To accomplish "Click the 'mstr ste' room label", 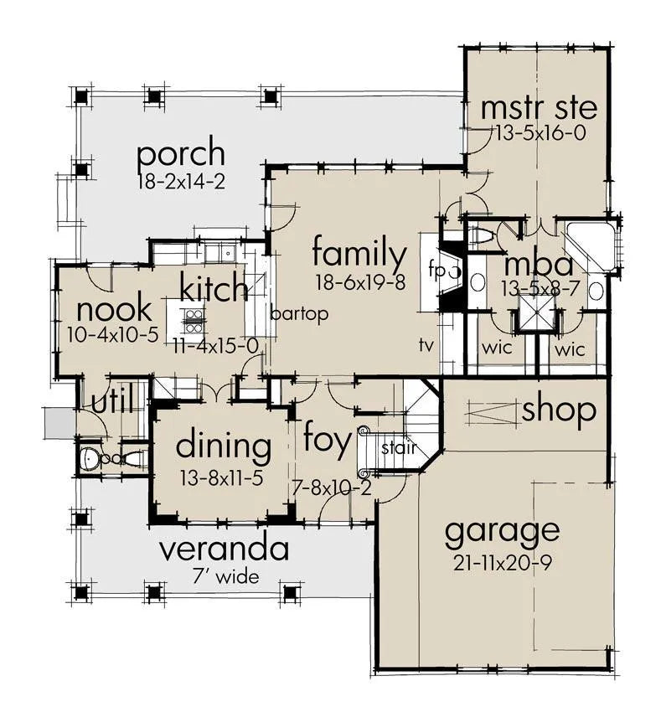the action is click(539, 109).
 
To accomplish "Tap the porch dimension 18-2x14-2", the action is click(181, 182).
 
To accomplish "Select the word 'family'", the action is click(359, 255).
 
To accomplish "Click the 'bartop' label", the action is click(299, 314).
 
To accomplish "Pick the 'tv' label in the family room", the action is click(426, 345).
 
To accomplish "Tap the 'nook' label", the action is click(114, 310).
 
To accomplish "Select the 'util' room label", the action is click(112, 400).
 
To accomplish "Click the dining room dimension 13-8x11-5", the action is click(222, 478).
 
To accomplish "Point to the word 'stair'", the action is click(399, 448).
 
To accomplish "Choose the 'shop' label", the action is click(560, 411).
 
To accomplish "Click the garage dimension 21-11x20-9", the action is click(502, 564).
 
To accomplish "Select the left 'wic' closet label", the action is click(497, 348).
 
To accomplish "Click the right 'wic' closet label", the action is click(570, 349).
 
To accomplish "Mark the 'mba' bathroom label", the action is click(539, 266).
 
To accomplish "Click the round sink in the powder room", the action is click(89, 458).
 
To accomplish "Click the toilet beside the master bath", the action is click(482, 236).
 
